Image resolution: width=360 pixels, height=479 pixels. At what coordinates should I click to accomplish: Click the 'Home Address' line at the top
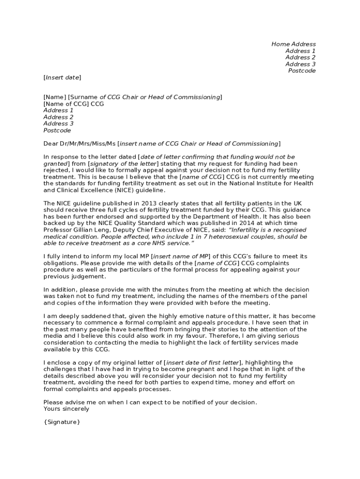point(293,44)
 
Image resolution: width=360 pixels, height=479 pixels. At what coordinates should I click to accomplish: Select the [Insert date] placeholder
point(62,77)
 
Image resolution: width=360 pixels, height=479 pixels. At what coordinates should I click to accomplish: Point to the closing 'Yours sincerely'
point(66,409)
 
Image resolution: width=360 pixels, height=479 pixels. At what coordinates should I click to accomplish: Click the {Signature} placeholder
point(62,422)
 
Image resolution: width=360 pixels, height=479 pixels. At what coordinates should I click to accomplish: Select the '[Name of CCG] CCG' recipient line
point(73,104)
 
